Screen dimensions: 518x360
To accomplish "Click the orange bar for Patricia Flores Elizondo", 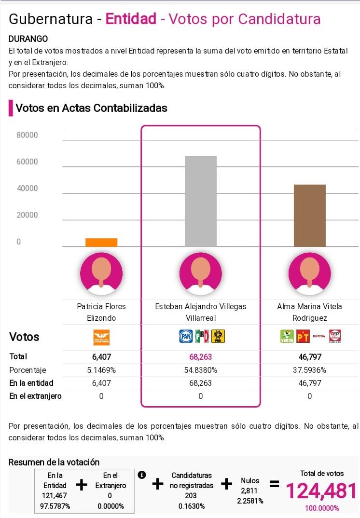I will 101,243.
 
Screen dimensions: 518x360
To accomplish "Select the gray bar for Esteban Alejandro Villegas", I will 201,201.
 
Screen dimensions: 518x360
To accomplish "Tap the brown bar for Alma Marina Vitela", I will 309,216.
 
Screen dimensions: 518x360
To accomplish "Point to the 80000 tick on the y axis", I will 27,135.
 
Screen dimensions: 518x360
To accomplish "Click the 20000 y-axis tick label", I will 27,215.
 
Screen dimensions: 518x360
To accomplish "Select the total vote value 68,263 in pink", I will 201,357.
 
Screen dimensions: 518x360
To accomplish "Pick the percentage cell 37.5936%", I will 309,370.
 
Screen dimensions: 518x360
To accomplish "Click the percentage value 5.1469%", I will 101,370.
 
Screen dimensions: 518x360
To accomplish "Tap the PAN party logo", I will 186,336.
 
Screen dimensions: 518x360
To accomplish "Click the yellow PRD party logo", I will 219,336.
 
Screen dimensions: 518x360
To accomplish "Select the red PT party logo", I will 303,336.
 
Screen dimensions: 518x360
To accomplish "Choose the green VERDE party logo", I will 287,336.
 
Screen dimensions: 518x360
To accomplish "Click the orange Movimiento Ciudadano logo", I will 101,337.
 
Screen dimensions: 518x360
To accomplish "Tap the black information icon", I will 142,475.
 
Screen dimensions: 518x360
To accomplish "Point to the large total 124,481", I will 321,491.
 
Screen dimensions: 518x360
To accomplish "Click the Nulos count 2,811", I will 250,491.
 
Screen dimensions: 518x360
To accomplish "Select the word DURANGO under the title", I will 28,39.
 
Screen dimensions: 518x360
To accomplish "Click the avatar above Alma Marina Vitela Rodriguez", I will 309,273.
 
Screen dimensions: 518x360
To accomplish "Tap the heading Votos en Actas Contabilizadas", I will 91,108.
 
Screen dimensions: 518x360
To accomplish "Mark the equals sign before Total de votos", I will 274,484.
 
